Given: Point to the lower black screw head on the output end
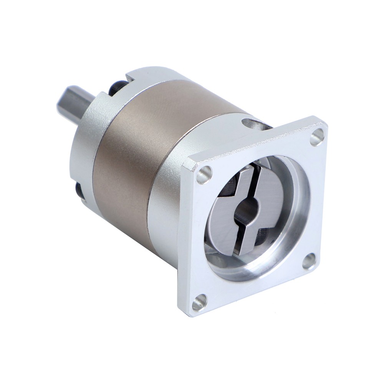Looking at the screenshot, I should (x=79, y=190).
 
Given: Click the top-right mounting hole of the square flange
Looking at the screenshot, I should (x=317, y=137).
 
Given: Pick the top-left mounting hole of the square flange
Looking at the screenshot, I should (x=204, y=175).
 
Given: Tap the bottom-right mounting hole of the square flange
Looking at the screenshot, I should (x=309, y=261).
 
